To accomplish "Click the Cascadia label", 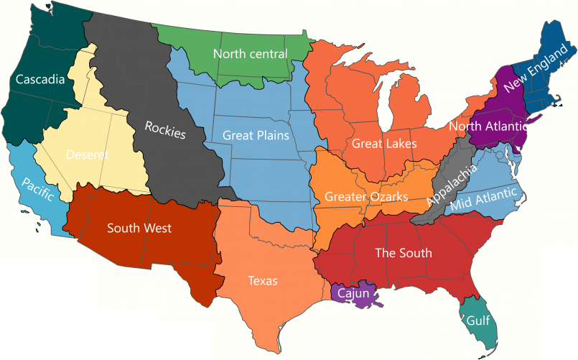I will click(40, 78).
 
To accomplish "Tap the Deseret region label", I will click(88, 154).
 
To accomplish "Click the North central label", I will click(250, 54).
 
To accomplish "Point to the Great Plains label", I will click(256, 134).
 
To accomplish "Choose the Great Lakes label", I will click(384, 144).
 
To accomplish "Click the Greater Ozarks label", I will click(366, 196).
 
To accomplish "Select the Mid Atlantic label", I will click(485, 200).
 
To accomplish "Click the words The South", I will click(404, 252).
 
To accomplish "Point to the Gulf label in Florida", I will click(478, 320).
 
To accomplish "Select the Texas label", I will click(262, 281).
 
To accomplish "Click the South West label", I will click(139, 229).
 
